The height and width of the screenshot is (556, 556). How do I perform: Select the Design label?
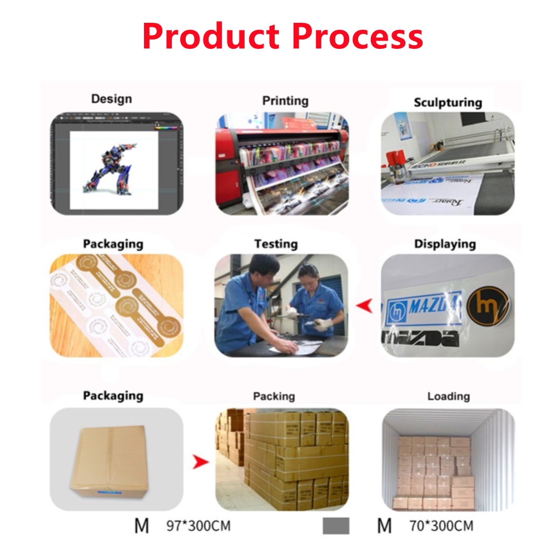[111, 99]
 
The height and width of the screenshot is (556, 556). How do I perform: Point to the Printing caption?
[285, 101]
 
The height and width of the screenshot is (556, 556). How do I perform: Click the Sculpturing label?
[448, 102]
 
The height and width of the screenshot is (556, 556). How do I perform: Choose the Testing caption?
[276, 244]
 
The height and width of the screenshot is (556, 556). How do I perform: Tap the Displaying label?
[445, 244]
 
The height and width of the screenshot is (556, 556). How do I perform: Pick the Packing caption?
[274, 396]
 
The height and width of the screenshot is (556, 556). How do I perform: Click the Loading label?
[448, 396]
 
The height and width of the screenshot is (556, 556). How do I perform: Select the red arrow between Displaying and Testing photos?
[364, 305]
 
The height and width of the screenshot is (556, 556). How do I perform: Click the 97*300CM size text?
[198, 525]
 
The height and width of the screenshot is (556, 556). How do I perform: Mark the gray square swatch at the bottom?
[336, 526]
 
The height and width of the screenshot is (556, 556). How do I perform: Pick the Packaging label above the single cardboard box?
[113, 396]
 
